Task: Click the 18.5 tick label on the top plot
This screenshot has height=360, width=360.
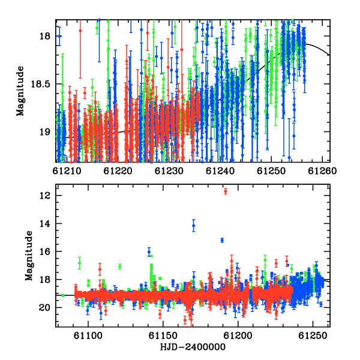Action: [40, 84]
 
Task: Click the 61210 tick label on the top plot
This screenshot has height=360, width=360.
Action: [67, 171]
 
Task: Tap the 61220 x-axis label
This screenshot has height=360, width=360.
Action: [118, 171]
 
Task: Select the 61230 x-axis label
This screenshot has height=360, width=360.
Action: [169, 171]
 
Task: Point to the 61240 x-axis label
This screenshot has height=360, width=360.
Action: [220, 171]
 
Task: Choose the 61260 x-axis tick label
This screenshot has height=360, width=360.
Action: [322, 171]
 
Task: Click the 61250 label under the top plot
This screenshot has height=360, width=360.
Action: [271, 171]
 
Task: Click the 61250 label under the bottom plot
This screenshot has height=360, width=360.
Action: [313, 336]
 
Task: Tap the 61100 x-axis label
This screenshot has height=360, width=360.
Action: [88, 336]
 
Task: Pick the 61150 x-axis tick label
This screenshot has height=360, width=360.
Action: [163, 336]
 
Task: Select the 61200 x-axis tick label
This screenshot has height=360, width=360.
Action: [238, 336]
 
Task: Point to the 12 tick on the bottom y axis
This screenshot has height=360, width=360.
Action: [45, 196]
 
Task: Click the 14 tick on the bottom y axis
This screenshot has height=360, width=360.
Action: [45, 224]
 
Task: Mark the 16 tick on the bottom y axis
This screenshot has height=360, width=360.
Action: [45, 251]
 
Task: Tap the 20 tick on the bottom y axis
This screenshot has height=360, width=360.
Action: [45, 308]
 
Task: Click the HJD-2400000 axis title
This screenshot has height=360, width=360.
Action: [193, 347]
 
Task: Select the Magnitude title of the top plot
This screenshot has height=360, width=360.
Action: [20, 91]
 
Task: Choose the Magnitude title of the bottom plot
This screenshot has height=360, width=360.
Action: [29, 256]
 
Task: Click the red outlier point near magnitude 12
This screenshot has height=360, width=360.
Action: [226, 191]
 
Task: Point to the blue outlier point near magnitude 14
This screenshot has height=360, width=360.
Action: [194, 226]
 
